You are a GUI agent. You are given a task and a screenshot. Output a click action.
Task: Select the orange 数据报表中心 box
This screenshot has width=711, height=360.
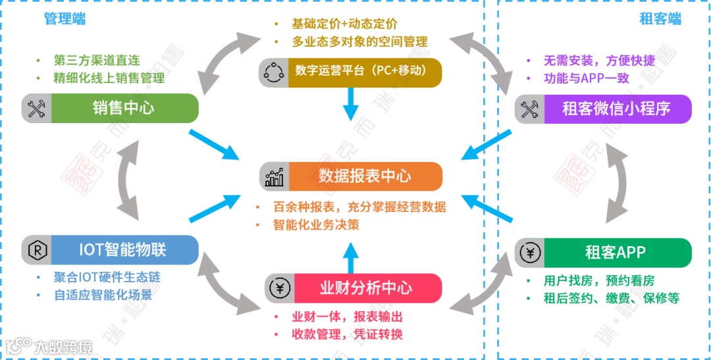point(365,176)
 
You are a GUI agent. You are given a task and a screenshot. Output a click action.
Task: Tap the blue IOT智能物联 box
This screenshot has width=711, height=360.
point(122,250)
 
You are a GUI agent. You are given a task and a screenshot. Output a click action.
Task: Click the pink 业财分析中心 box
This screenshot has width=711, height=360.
point(365,288)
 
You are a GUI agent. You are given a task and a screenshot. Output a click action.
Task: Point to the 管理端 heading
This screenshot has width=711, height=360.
point(65,18)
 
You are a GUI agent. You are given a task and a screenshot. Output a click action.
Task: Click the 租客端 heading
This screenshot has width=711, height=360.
point(660,18)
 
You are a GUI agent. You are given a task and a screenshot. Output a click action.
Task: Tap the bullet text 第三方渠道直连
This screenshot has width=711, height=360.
point(97,61)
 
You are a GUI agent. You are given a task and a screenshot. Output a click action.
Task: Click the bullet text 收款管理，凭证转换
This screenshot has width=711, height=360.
point(347,334)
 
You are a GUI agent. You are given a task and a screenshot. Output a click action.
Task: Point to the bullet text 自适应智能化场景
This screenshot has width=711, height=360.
point(103,295)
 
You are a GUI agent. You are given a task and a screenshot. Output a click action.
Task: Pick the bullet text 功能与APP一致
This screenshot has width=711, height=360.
point(587,78)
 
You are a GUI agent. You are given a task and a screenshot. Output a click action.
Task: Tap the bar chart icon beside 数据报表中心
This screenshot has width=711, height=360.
point(275,176)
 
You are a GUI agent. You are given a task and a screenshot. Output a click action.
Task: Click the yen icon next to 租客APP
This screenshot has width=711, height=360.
point(530,252)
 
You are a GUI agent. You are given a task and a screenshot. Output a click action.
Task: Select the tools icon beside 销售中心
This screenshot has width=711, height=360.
point(36,108)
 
